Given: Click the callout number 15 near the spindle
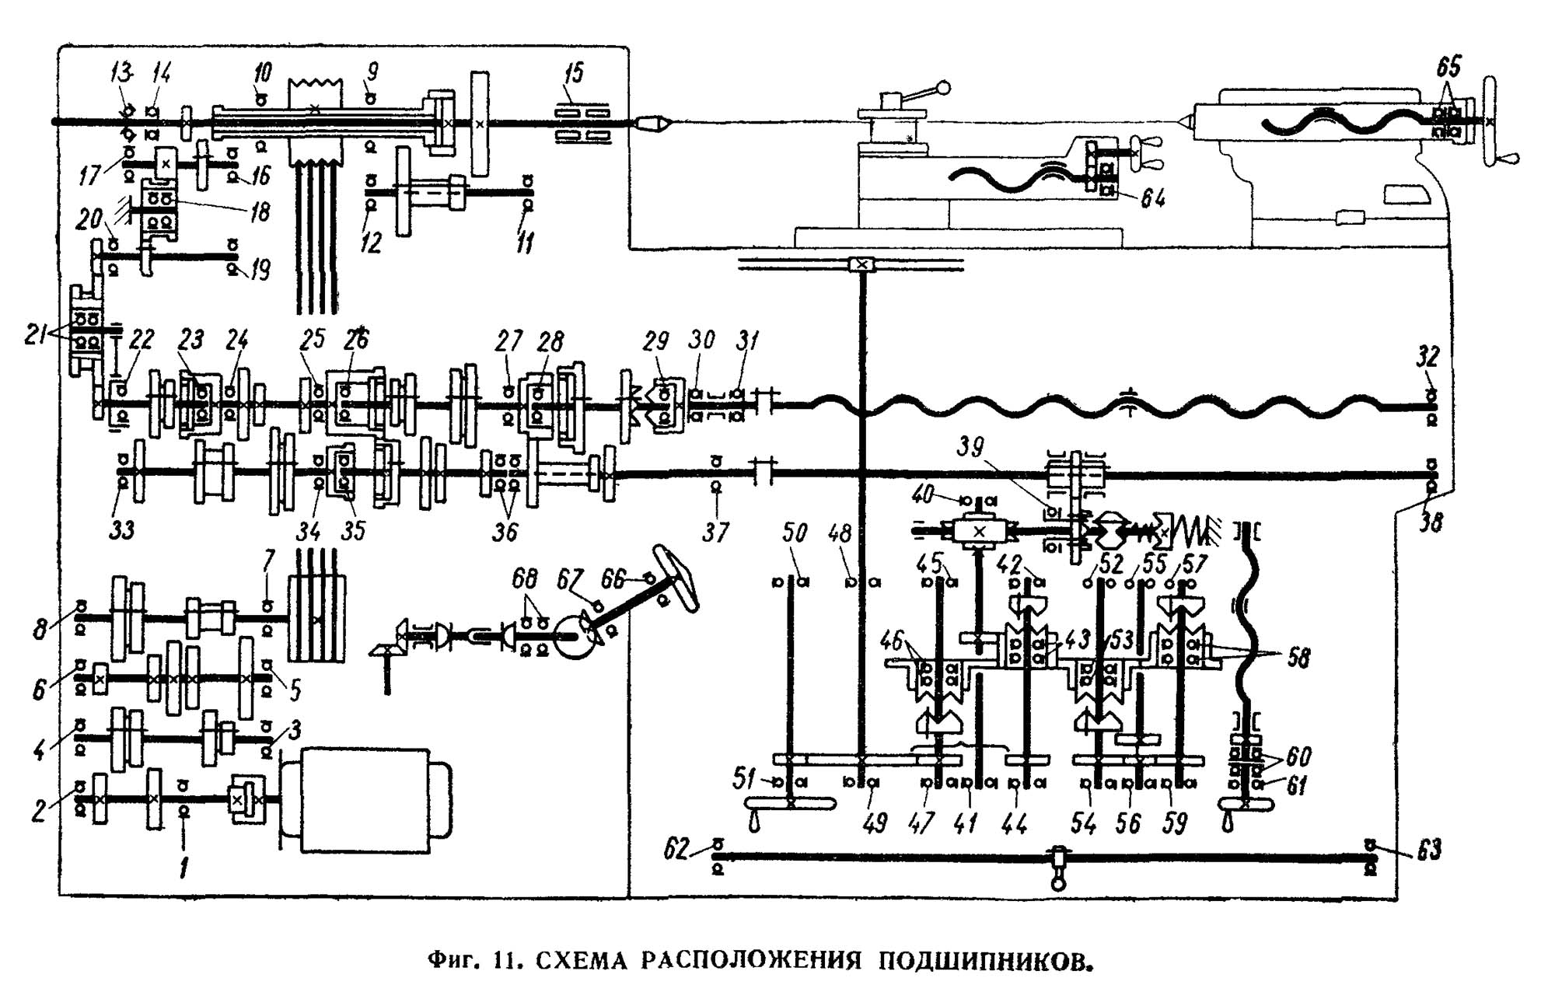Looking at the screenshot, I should (574, 75).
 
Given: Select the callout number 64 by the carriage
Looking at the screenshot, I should (1153, 200).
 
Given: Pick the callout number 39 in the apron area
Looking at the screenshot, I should (970, 447).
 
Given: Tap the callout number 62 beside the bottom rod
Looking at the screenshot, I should (676, 850).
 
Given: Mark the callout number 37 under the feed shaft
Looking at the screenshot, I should (715, 533).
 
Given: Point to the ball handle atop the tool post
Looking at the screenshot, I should (945, 88).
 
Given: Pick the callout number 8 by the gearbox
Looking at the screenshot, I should (40, 628).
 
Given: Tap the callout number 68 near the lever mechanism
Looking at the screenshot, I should (525, 578).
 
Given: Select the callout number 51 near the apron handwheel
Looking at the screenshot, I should (745, 778).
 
